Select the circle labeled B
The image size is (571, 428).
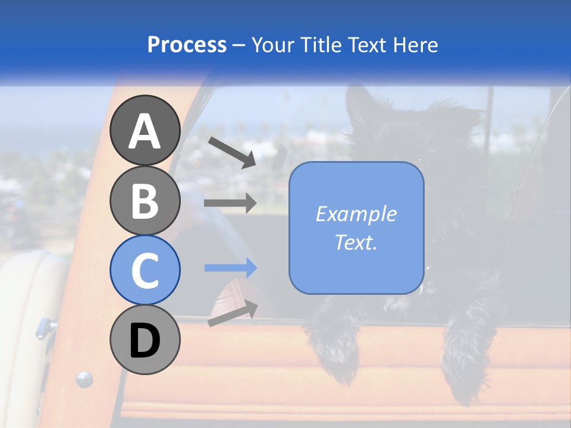click(x=145, y=200)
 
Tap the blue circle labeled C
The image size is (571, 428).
click(x=145, y=270)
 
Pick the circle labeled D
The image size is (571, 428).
click(x=145, y=340)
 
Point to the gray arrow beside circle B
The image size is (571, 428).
click(x=230, y=203)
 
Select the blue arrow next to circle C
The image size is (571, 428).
click(x=230, y=267)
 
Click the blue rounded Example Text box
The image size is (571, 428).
click(x=356, y=228)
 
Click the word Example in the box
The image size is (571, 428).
click(x=356, y=214)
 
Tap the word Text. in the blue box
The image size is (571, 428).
click(x=356, y=242)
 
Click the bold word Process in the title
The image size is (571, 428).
click(x=187, y=45)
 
